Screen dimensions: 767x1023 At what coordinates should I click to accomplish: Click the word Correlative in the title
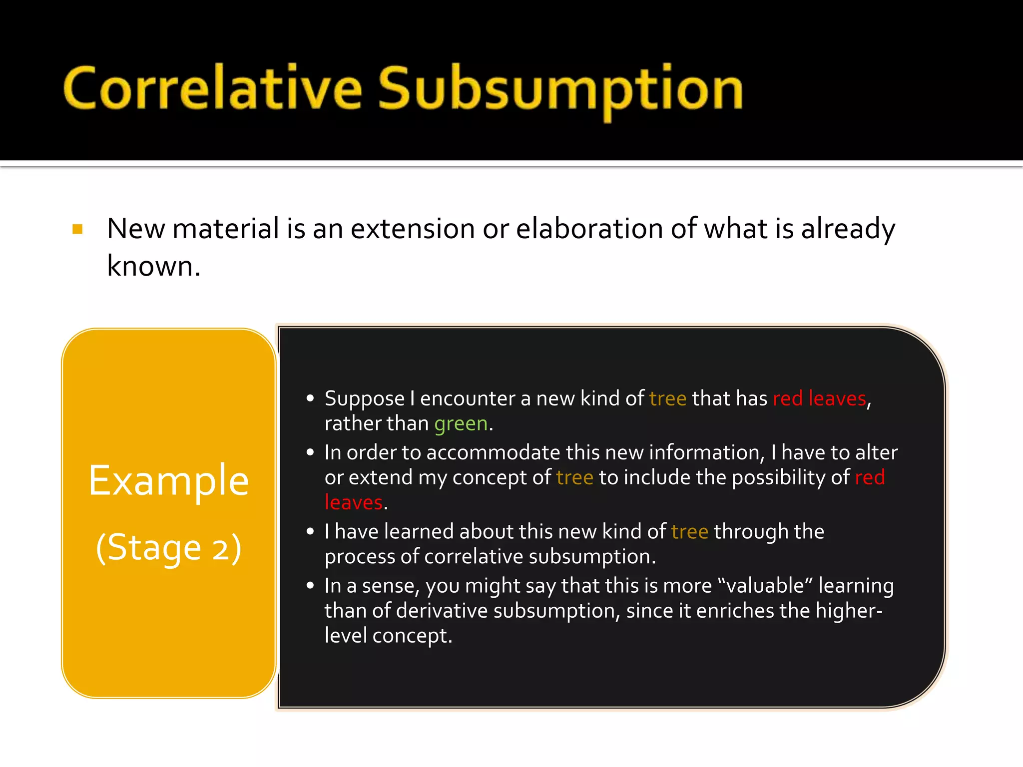coord(212,89)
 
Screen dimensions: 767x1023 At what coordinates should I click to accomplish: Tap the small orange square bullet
coord(77,229)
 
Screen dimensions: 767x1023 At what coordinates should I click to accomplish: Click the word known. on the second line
coord(153,266)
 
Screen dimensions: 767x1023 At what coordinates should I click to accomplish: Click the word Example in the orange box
coord(169,480)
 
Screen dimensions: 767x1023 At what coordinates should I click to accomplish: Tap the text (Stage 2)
coord(169,548)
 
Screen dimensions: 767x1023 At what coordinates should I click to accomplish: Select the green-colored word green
coord(461,424)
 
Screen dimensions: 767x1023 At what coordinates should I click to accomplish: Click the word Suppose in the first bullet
coord(364,399)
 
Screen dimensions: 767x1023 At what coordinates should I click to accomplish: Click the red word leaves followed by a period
coord(353,502)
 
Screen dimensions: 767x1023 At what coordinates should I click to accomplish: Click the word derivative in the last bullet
coord(442,611)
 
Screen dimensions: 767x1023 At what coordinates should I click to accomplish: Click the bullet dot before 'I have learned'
coord(310,531)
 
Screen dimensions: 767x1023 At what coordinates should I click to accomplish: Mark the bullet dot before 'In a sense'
coord(310,585)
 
